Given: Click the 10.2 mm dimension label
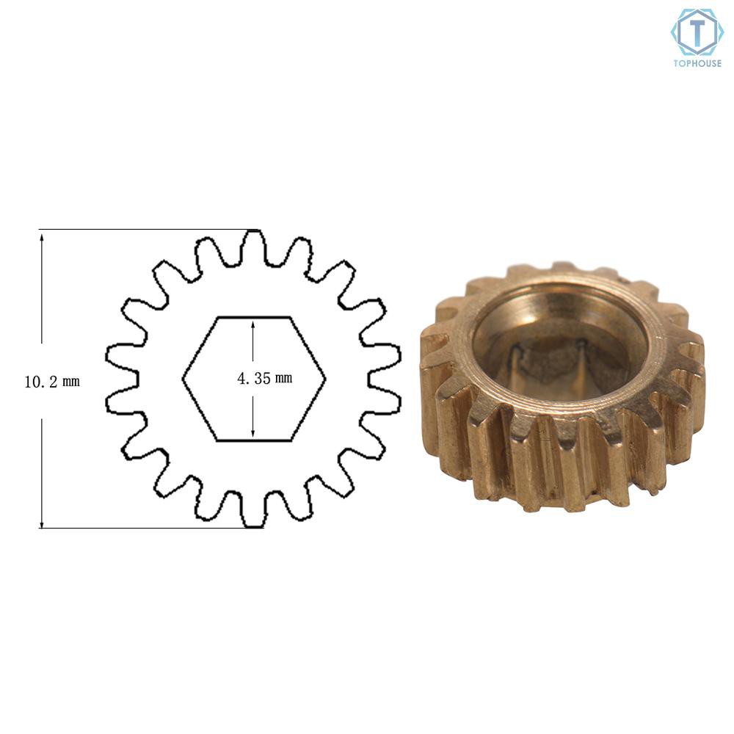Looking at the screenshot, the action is point(52,382).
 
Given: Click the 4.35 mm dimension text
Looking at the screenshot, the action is point(264,378).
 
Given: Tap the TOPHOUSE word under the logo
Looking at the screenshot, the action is point(697,63).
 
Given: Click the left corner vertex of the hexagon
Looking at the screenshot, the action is point(183,379).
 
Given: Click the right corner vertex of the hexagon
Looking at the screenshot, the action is point(325,379).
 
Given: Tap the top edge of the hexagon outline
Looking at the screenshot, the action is point(254,317).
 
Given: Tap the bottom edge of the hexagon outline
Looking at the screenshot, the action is point(254,440).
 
